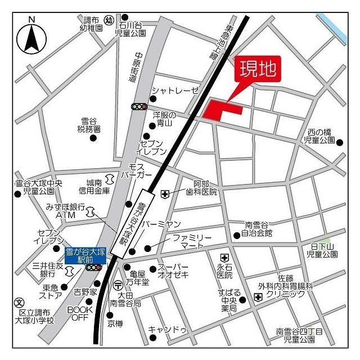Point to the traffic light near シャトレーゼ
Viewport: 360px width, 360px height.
pos(138,106)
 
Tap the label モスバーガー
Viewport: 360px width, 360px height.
pos(140,171)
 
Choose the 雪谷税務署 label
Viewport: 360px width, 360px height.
pos(89,125)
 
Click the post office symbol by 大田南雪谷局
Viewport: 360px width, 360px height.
pos(118,285)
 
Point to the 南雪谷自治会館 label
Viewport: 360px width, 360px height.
pos(256,228)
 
